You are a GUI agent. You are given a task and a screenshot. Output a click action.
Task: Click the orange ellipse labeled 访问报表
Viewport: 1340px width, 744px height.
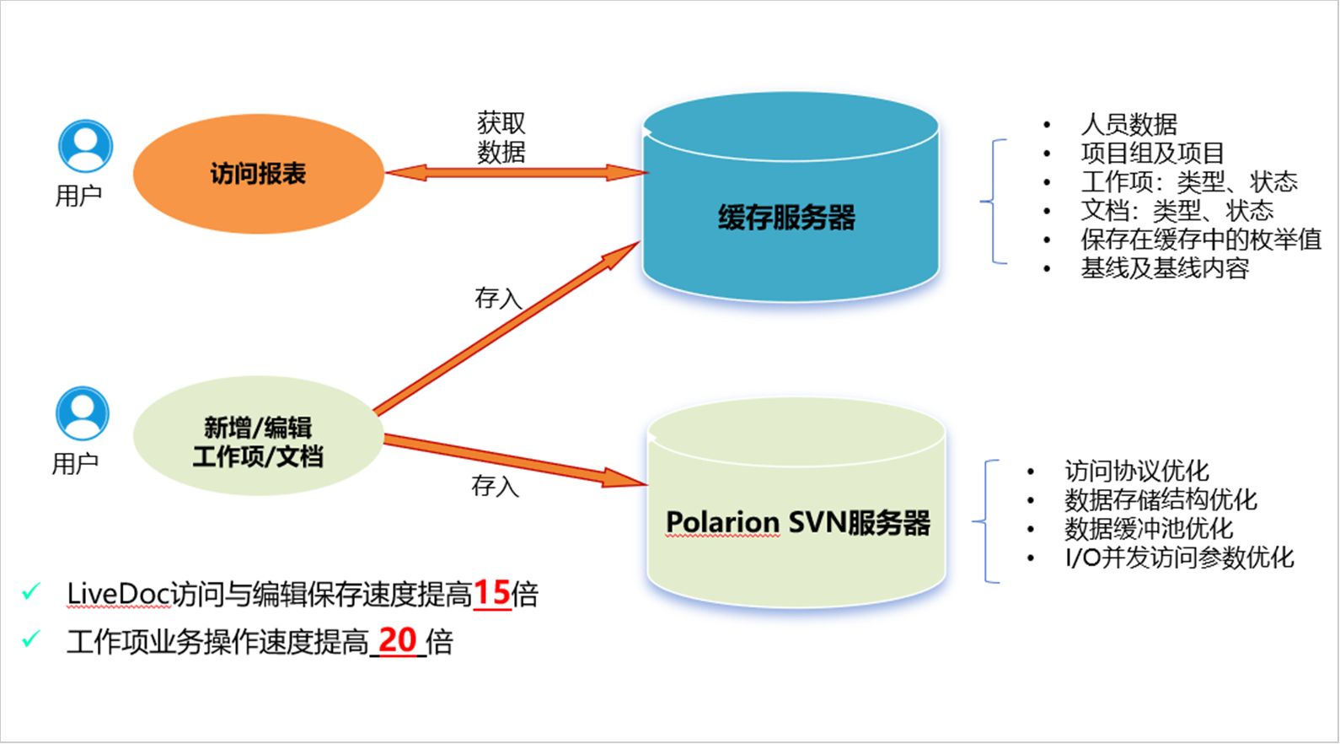pos(258,174)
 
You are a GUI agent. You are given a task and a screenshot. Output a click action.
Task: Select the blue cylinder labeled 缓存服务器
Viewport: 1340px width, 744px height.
pos(790,218)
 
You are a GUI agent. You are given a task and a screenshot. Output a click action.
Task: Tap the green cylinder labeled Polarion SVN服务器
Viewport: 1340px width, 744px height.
pos(796,522)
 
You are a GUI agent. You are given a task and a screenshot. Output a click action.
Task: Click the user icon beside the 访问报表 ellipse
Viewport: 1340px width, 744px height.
pos(85,146)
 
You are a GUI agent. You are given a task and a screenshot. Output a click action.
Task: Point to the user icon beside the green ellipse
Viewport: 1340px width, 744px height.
pos(83,413)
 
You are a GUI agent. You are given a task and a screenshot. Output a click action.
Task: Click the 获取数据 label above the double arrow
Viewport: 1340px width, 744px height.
pos(501,137)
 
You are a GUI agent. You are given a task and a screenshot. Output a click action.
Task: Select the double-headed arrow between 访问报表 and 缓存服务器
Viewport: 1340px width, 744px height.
pos(516,173)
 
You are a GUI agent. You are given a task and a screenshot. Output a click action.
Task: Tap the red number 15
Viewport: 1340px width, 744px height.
pos(492,594)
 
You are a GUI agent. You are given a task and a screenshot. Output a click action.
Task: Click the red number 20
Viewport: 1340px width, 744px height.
pos(398,641)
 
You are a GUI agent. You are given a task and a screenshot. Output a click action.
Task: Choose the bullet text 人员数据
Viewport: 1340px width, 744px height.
pos(1128,125)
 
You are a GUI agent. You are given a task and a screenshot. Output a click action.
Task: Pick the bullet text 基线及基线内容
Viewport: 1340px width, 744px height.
pos(1165,268)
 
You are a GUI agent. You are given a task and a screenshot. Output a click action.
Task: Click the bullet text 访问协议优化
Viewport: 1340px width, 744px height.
pos(1136,471)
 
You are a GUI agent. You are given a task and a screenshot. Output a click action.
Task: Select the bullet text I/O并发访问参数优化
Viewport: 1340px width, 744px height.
pos(1179,558)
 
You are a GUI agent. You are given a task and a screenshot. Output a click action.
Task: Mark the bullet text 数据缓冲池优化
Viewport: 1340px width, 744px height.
pos(1148,529)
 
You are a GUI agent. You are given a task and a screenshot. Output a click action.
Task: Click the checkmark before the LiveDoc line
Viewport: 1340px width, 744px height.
pos(31,591)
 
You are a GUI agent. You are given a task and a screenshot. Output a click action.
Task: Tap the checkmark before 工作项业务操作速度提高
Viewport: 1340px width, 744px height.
pos(31,639)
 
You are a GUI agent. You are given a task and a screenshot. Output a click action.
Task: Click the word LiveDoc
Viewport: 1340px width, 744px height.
pos(119,595)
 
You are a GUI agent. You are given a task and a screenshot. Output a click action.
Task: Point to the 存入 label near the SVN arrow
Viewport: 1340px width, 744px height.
pos(495,486)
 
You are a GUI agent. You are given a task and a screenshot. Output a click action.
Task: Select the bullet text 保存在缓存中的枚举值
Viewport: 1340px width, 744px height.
pos(1201,240)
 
